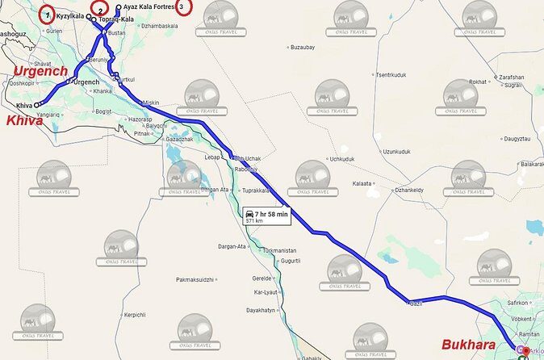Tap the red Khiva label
click(x=24, y=120)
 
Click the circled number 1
click(x=48, y=15)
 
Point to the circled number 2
click(x=100, y=9)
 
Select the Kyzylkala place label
click(x=70, y=16)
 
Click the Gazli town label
click(x=416, y=303)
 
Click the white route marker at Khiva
click(x=37, y=105)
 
